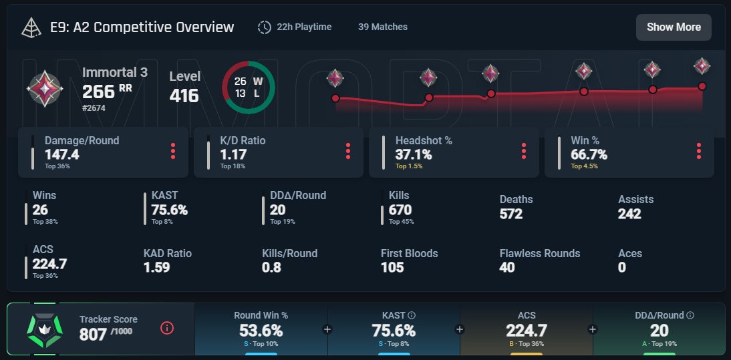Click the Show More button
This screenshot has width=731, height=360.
click(674, 27)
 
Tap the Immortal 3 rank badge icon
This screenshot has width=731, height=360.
click(45, 87)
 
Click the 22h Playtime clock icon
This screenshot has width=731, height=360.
click(265, 27)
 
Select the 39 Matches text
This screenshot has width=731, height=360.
click(382, 27)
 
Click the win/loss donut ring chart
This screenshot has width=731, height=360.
click(248, 87)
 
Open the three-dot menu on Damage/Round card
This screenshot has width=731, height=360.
click(173, 151)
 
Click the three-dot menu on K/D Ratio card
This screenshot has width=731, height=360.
click(348, 151)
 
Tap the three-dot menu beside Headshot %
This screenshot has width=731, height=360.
click(523, 151)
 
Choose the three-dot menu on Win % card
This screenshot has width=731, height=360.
click(698, 151)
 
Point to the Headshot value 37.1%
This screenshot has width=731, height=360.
click(414, 155)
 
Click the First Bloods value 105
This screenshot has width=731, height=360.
click(392, 267)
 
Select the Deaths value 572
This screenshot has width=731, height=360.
click(511, 214)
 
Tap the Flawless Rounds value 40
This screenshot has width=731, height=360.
click(508, 267)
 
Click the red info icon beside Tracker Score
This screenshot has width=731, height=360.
click(167, 328)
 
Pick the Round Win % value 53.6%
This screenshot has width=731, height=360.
click(261, 331)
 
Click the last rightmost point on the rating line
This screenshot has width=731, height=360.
click(702, 86)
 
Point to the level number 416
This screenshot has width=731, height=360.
click(184, 96)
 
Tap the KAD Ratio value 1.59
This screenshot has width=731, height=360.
click(156, 267)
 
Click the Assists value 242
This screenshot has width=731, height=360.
click(629, 214)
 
